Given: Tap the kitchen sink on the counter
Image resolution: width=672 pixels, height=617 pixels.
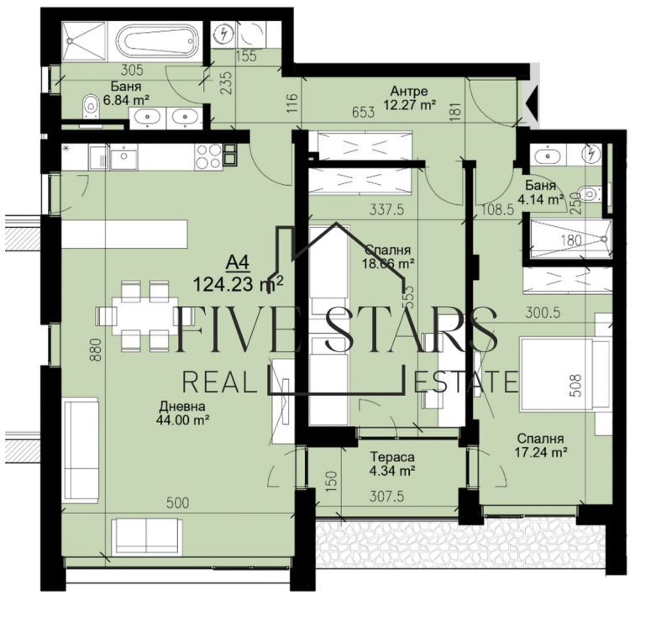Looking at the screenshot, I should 123,156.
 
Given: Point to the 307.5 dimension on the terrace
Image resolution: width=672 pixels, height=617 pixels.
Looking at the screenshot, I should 387,496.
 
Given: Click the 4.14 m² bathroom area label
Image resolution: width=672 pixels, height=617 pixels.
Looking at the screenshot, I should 540,200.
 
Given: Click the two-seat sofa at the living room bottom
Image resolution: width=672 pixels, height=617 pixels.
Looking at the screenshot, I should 148,536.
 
